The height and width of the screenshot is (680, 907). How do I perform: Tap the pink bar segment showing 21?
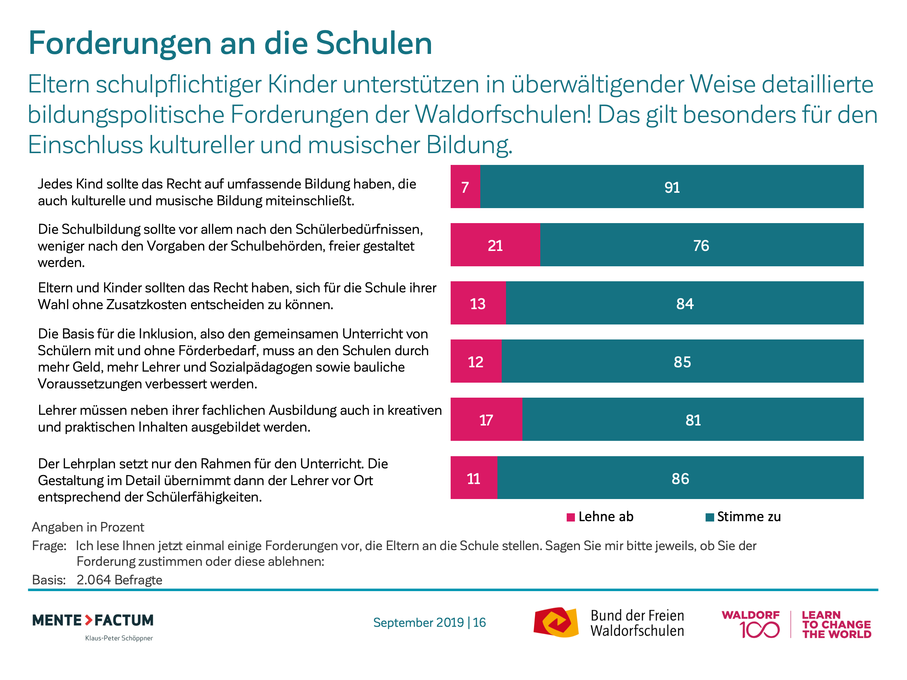coord(495,245)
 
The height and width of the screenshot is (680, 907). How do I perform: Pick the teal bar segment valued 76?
coord(701,245)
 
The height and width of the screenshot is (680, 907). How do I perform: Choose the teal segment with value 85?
coord(682,361)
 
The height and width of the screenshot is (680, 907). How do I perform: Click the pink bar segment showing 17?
coord(486,419)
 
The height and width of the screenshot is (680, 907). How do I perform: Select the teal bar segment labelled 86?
coord(680,478)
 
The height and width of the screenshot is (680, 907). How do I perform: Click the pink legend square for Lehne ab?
coord(570,517)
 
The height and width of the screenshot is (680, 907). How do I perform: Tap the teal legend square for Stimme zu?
coord(710,517)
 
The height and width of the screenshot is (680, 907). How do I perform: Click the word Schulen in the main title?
coord(374,44)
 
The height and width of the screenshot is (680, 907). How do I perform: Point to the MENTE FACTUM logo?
coord(93,620)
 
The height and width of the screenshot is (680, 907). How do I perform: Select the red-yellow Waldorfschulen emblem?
coord(556,622)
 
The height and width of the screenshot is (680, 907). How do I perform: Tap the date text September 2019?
coord(418,623)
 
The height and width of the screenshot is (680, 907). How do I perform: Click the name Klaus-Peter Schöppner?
coord(119,638)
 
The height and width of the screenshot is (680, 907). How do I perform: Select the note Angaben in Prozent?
coord(88,527)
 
